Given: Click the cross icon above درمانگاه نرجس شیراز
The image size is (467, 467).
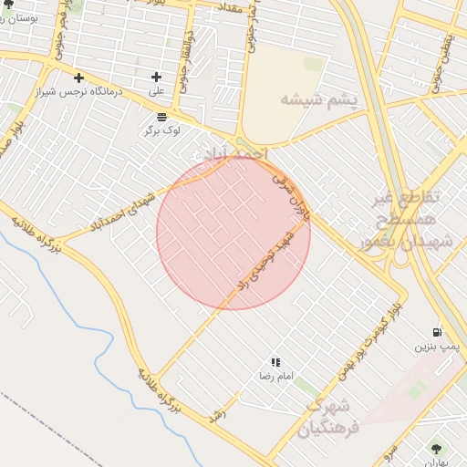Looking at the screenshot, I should click(x=78, y=78).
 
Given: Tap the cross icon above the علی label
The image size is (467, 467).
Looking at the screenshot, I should click(x=157, y=77).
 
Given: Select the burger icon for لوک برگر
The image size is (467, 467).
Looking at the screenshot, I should click(x=161, y=116).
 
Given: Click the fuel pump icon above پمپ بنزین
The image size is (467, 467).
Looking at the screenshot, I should click(x=438, y=332).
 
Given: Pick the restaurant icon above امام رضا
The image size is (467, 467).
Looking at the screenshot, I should click(x=275, y=362).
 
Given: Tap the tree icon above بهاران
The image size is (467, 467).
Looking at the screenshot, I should click(x=436, y=448).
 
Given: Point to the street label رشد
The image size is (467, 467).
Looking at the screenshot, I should click(x=217, y=413).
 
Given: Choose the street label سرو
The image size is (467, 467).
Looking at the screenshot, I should click(x=388, y=451).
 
